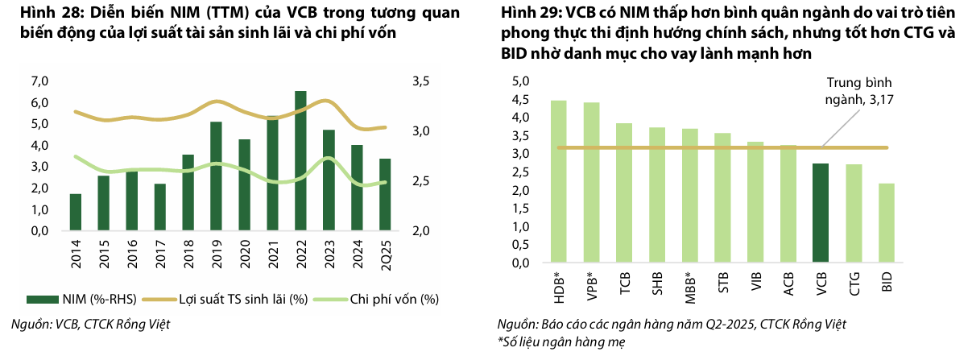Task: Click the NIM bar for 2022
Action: pos(300,161)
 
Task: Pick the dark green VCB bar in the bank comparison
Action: pos(821,213)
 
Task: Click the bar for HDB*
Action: pos(558,182)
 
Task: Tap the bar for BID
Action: pos(886,223)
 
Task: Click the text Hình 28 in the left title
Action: pos(37,14)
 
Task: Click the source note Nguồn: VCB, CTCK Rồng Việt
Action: pos(90,325)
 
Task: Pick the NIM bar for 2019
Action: pos(216,176)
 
